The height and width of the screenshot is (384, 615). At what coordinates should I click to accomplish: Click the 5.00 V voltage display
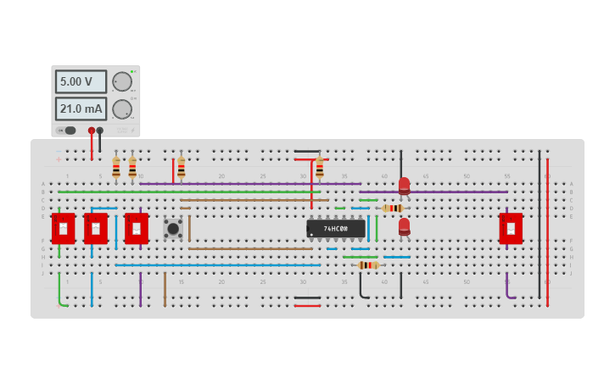pyautogui.click(x=81, y=81)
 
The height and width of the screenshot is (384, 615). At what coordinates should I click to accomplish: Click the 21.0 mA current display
pyautogui.click(x=81, y=109)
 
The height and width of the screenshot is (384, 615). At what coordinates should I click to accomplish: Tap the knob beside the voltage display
pyautogui.click(x=122, y=81)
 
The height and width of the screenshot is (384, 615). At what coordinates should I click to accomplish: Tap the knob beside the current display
pyautogui.click(x=122, y=109)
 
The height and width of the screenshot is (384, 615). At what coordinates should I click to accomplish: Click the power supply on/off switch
pyautogui.click(x=70, y=131)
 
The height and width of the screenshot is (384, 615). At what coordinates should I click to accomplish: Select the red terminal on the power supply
pyautogui.click(x=92, y=131)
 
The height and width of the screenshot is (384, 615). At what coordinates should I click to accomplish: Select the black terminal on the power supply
pyautogui.click(x=100, y=131)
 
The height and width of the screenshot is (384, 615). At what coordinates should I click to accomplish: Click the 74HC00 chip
pyautogui.click(x=336, y=229)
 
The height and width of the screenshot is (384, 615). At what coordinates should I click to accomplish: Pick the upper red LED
pyautogui.click(x=404, y=186)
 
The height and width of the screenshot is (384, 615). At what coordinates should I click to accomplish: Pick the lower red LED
pyautogui.click(x=404, y=226)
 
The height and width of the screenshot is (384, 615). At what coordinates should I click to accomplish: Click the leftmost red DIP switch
pyautogui.click(x=63, y=228)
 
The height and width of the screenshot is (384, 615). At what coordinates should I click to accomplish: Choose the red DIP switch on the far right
pyautogui.click(x=511, y=228)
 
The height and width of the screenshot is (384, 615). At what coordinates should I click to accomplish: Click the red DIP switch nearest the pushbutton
pyautogui.click(x=137, y=228)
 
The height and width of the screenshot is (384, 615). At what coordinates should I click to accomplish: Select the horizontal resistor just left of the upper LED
pyautogui.click(x=392, y=208)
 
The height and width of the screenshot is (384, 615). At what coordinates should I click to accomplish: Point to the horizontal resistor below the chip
pyautogui.click(x=367, y=265)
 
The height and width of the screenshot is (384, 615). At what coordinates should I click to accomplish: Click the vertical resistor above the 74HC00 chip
pyautogui.click(x=320, y=167)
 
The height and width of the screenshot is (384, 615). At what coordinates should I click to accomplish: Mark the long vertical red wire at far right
pyautogui.click(x=547, y=229)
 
